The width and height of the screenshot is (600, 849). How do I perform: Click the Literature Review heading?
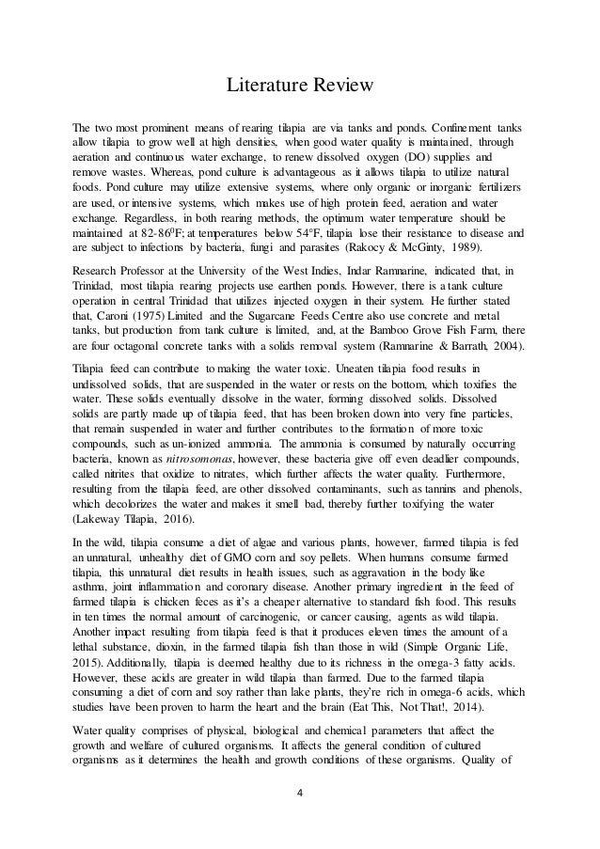tap(299, 86)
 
